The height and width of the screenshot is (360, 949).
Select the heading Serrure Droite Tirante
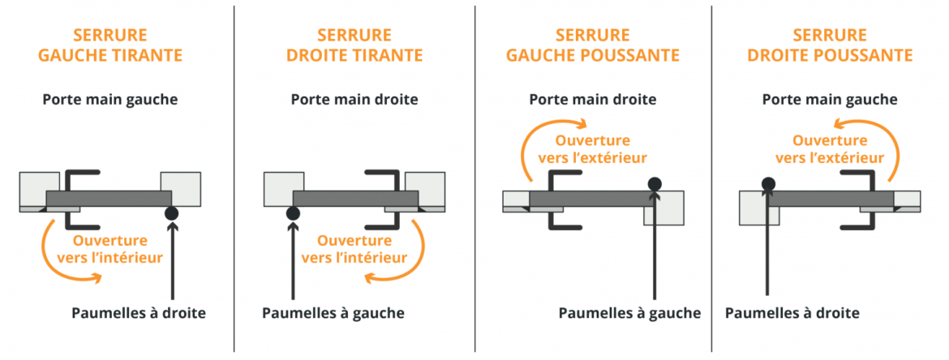click(354, 45)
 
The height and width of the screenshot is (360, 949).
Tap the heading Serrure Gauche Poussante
click(593, 45)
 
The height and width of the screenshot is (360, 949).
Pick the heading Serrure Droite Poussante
click(830, 45)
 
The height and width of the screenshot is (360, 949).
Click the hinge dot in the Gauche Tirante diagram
click(171, 213)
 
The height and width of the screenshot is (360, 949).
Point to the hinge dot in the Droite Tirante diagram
click(293, 213)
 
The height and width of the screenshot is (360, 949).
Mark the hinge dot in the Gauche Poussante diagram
click(655, 184)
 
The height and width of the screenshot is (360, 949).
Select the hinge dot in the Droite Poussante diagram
click(767, 184)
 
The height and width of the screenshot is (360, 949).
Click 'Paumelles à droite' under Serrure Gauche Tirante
click(139, 313)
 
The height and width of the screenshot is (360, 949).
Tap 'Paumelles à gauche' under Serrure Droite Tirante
click(333, 313)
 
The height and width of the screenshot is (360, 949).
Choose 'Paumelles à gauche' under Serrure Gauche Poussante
click(629, 313)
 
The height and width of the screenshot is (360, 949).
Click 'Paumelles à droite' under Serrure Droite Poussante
click(792, 313)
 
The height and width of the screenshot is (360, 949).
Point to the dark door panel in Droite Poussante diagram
click(832, 199)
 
